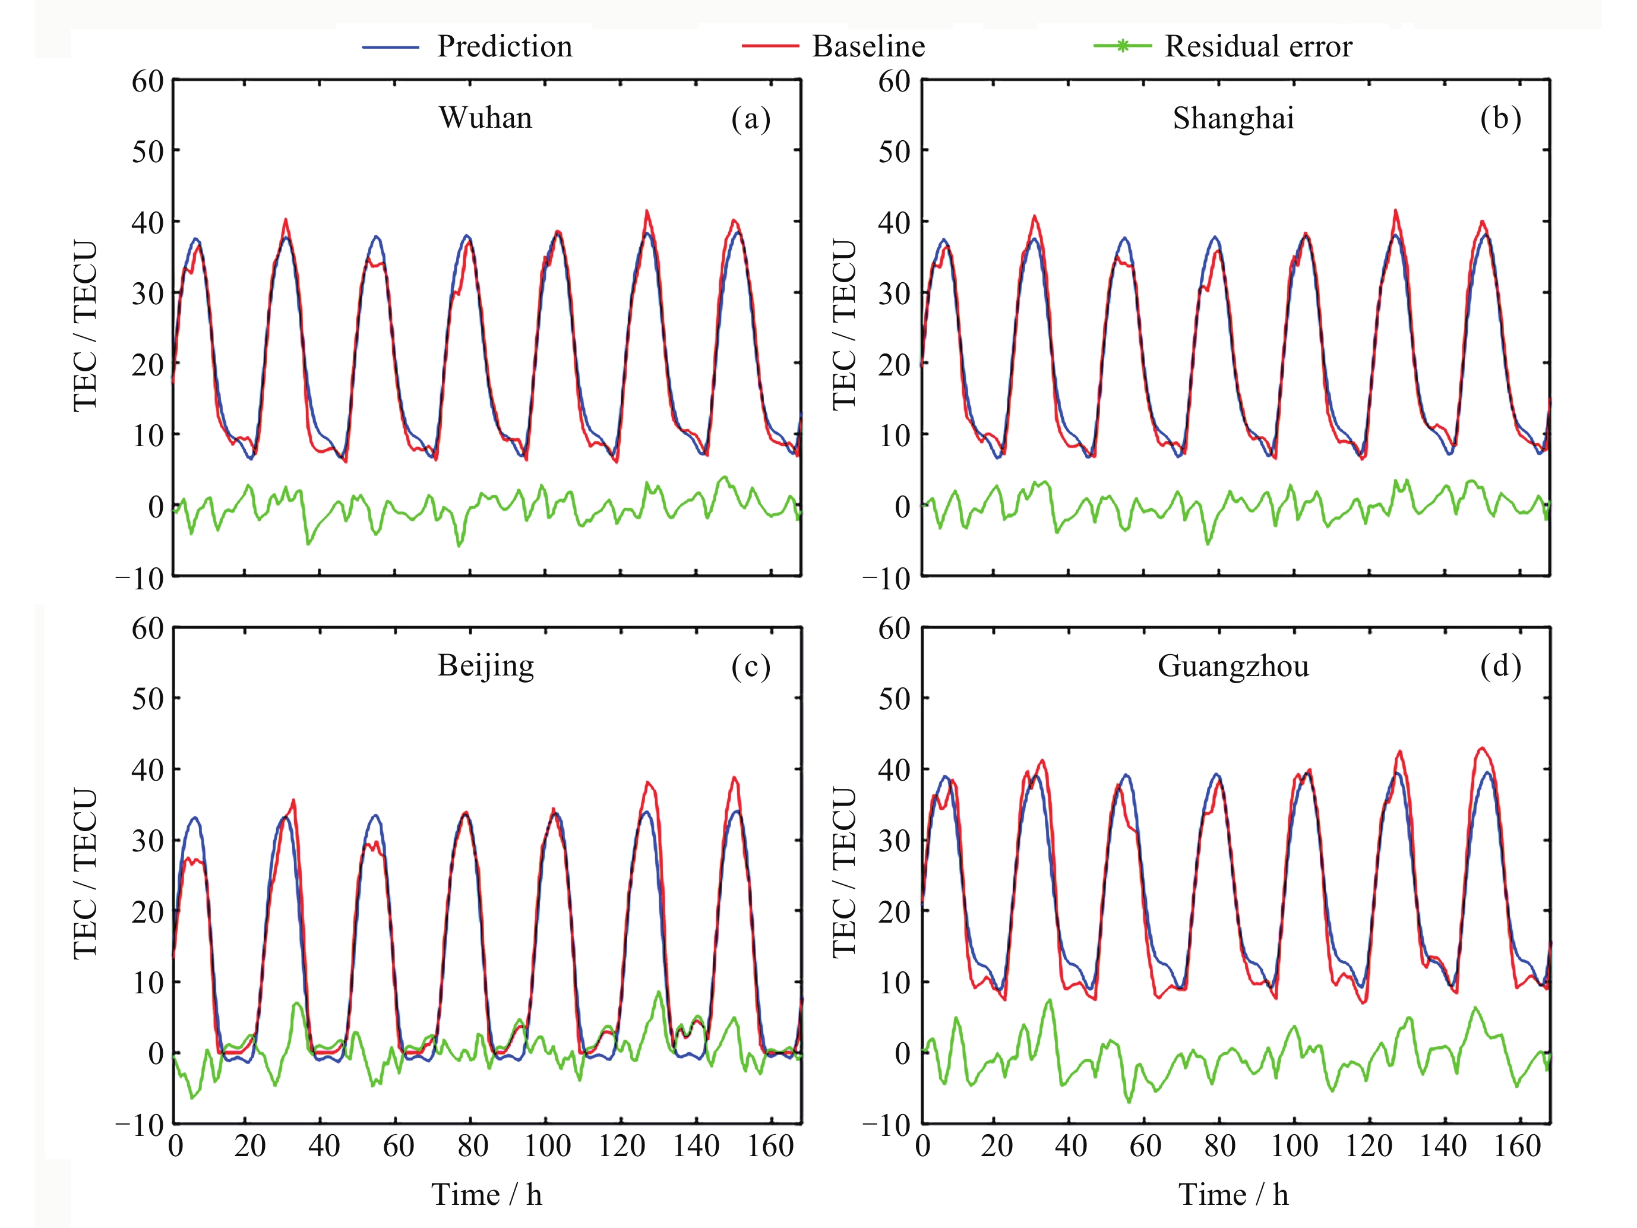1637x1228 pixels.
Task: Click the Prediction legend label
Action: (x=504, y=46)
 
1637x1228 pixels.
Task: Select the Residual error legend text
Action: (x=1258, y=46)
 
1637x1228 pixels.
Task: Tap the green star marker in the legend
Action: (x=1123, y=46)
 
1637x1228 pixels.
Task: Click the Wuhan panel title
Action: (x=485, y=118)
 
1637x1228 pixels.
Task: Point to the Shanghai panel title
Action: (x=1233, y=118)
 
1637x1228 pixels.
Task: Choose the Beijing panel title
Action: (x=485, y=665)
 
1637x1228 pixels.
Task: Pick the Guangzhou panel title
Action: (x=1233, y=666)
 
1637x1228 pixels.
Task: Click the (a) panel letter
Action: (x=750, y=118)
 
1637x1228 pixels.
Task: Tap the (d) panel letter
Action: (x=1500, y=665)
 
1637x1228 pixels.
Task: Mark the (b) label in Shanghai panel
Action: (x=1500, y=118)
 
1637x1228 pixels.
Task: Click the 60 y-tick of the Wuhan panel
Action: (x=147, y=81)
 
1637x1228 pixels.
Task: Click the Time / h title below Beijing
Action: (x=487, y=1195)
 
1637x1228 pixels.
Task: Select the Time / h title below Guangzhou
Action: (x=1233, y=1195)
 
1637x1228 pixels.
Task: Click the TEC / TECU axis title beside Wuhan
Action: (x=85, y=326)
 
